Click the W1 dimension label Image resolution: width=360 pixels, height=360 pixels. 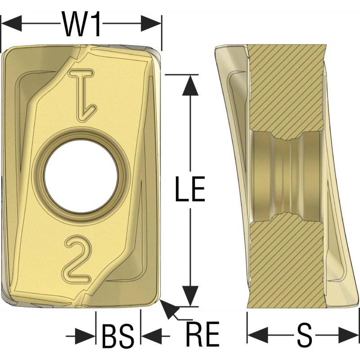tap(82, 24)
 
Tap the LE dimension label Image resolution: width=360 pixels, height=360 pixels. tap(190, 189)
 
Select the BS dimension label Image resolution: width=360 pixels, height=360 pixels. tap(118, 336)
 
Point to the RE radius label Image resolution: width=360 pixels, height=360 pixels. tap(203, 333)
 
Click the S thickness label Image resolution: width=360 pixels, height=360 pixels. tap(305, 335)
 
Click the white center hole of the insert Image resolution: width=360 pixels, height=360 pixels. tap(81, 177)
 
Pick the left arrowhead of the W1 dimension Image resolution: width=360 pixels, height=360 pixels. tap(12, 23)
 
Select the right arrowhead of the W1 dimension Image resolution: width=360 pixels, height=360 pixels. tap(151, 23)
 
